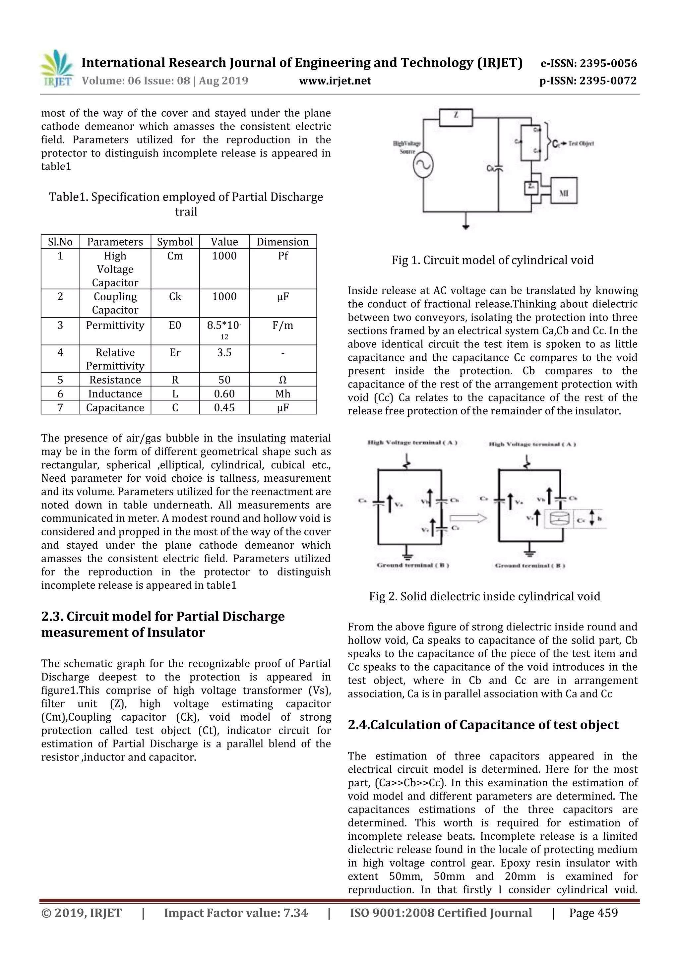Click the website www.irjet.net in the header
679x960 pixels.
point(335,81)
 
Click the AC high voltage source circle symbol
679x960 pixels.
point(423,165)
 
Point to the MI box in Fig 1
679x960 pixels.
point(564,190)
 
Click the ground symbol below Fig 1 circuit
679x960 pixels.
point(466,226)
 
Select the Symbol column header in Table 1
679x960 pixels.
point(175,242)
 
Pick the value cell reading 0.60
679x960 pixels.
point(224,393)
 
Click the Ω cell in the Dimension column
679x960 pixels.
point(282,380)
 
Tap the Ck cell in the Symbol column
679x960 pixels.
point(175,296)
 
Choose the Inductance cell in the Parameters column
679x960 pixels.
point(115,393)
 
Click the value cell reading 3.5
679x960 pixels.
point(224,352)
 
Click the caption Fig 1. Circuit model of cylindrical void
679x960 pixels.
point(493,260)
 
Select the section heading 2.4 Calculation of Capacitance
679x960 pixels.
point(483,725)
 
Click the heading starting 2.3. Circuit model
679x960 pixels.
point(163,624)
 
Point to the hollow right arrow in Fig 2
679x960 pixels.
point(468,518)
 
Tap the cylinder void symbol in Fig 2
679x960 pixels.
point(559,519)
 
